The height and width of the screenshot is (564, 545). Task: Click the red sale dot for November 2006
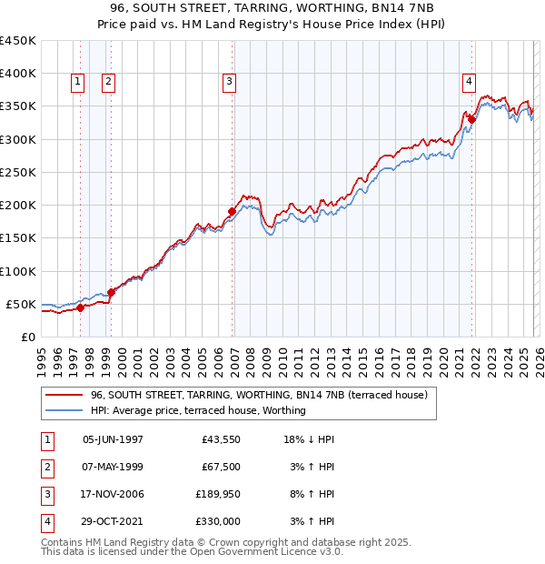click(232, 211)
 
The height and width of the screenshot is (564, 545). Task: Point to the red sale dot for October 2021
click(472, 119)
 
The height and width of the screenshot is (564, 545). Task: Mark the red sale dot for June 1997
click(80, 307)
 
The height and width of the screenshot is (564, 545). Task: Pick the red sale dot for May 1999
click(111, 292)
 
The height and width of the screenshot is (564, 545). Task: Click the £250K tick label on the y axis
click(18, 172)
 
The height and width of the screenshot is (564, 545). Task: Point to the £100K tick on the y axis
click(18, 271)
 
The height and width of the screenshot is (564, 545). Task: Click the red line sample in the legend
click(64, 395)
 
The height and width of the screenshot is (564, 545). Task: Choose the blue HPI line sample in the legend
click(64, 410)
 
